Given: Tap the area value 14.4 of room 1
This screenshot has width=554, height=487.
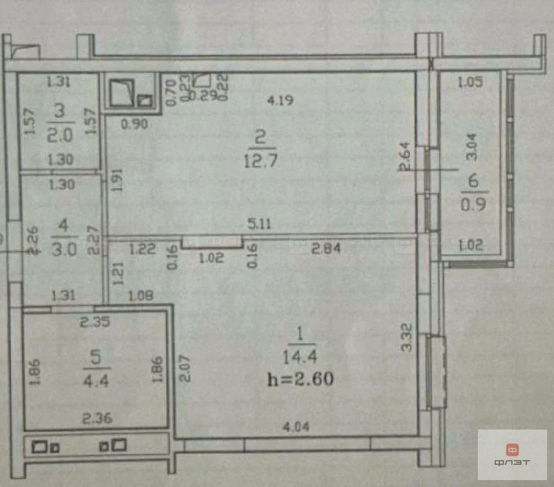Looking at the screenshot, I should (x=299, y=359).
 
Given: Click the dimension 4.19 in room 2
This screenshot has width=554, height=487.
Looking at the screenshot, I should (x=281, y=100).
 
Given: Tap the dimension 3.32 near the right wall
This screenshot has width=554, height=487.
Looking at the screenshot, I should (x=407, y=338).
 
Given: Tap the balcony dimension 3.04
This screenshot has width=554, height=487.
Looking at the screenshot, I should (x=471, y=147).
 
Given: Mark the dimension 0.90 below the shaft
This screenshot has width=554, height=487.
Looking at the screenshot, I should (x=134, y=125).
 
